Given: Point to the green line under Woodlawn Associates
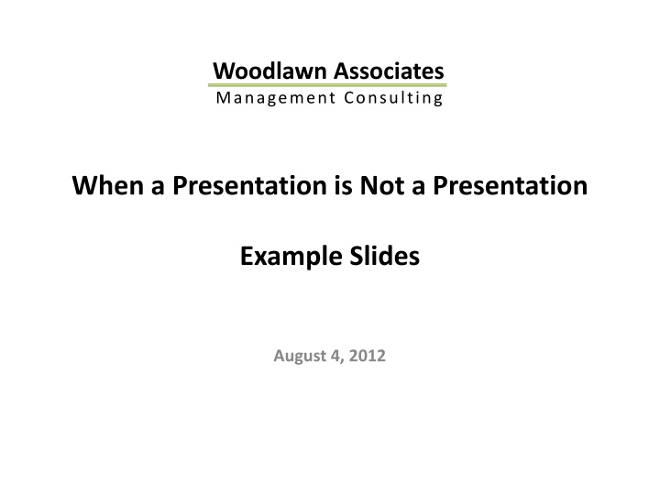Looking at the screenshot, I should [328, 84].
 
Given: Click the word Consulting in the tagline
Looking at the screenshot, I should [391, 98].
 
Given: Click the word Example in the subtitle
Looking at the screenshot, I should [284, 258].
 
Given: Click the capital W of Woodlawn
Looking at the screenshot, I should [222, 71].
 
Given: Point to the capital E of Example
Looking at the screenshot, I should [247, 258].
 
